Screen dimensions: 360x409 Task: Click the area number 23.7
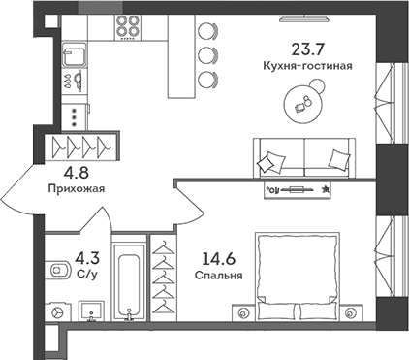tap(307, 49)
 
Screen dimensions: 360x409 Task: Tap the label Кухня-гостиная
tap(307, 66)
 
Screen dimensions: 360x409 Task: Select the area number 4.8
tap(75, 175)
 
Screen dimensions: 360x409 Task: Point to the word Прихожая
tap(75, 190)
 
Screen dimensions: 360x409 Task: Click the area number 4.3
tap(87, 259)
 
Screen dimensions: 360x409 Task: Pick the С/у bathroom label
tap(87, 275)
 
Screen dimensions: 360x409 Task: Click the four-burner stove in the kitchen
tap(129, 27)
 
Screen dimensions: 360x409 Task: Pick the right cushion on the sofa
tap(337, 158)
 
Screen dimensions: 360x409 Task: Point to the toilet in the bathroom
tap(54, 269)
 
